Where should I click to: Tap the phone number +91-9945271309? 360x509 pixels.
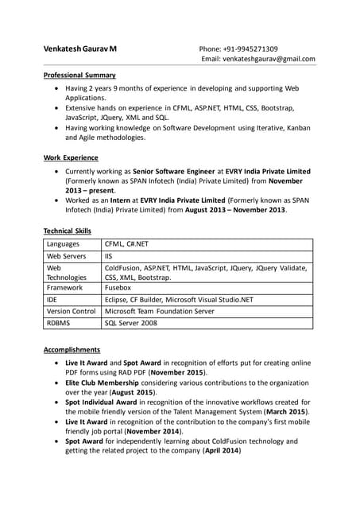(250, 49)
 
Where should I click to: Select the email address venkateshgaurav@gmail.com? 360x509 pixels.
(272, 59)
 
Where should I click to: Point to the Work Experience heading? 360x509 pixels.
(71, 157)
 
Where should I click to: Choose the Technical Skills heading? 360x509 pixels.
(68, 231)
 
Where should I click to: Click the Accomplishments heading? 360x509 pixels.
(72, 349)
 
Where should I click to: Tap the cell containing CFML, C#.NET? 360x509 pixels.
(128, 243)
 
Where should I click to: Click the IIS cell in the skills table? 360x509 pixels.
(109, 257)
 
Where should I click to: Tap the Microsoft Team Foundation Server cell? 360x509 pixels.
(171, 312)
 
